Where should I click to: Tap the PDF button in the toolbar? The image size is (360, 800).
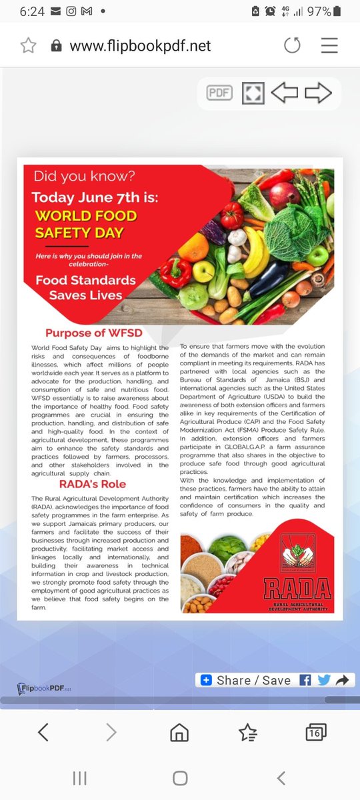tap(219, 93)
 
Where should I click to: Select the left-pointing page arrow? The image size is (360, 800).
tap(285, 93)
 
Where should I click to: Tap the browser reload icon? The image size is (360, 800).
tap(292, 45)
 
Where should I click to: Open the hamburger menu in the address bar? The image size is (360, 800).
tap(329, 45)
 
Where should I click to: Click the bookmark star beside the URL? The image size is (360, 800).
tap(28, 45)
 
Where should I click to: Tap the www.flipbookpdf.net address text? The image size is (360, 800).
tap(140, 45)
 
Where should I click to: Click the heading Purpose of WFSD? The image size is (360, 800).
tap(93, 333)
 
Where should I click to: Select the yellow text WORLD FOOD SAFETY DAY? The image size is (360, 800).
tap(85, 224)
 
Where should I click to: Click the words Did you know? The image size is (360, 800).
tap(84, 177)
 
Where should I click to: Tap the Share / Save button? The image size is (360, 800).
tap(245, 680)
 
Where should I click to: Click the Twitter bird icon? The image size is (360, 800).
tap(324, 680)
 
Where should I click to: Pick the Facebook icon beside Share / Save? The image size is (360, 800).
tap(305, 680)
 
